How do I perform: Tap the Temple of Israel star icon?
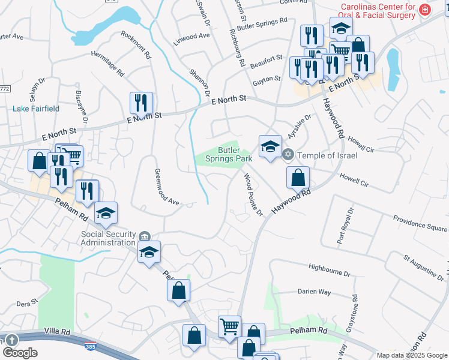(288, 155)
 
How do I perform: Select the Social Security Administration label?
(107, 238)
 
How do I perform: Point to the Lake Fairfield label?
(36, 109)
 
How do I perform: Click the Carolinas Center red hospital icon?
(425, 10)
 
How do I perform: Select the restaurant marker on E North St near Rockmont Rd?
(141, 104)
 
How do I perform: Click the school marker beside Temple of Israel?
(270, 146)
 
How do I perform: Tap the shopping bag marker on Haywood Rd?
(298, 177)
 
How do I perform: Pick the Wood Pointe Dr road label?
(253, 194)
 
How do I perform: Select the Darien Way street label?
(314, 292)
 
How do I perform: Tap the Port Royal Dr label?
(350, 225)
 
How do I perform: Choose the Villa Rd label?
(57, 331)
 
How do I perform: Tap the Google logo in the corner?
(20, 353)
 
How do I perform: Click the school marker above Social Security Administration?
(105, 214)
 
